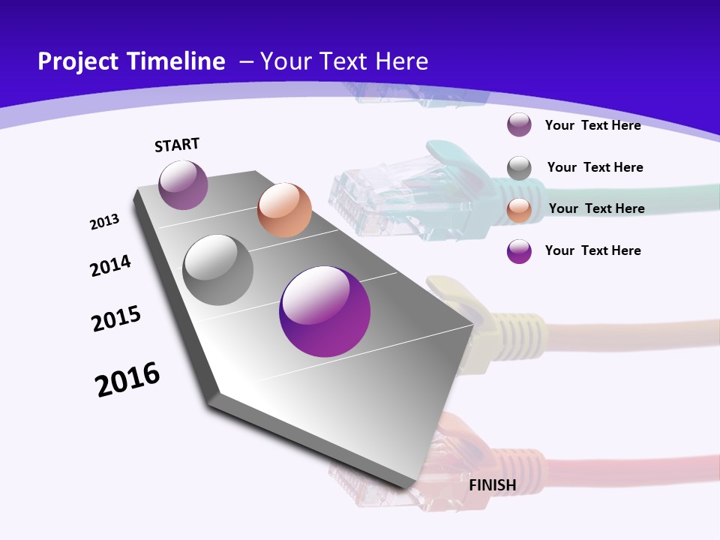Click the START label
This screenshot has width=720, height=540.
pyautogui.click(x=177, y=145)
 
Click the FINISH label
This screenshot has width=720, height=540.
pyautogui.click(x=493, y=485)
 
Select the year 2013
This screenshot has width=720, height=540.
pyautogui.click(x=105, y=222)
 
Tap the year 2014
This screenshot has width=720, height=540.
pyautogui.click(x=111, y=266)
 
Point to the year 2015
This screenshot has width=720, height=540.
pyautogui.click(x=116, y=319)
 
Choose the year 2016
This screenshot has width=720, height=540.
pyautogui.click(x=127, y=379)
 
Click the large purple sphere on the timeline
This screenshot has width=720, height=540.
pyautogui.click(x=325, y=311)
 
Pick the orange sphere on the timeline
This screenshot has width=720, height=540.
pyautogui.click(x=284, y=209)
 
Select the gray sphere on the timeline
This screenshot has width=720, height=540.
pyautogui.click(x=218, y=269)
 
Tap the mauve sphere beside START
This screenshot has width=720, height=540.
pyautogui.click(x=183, y=184)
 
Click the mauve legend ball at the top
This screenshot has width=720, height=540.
pyautogui.click(x=519, y=125)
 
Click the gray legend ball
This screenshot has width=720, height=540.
pyautogui.click(x=519, y=168)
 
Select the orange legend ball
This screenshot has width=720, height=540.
pyautogui.click(x=519, y=210)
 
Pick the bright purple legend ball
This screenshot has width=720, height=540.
pyautogui.click(x=519, y=251)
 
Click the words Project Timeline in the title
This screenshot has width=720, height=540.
pyautogui.click(x=131, y=61)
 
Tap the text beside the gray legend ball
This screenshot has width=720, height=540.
pyautogui.click(x=595, y=167)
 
